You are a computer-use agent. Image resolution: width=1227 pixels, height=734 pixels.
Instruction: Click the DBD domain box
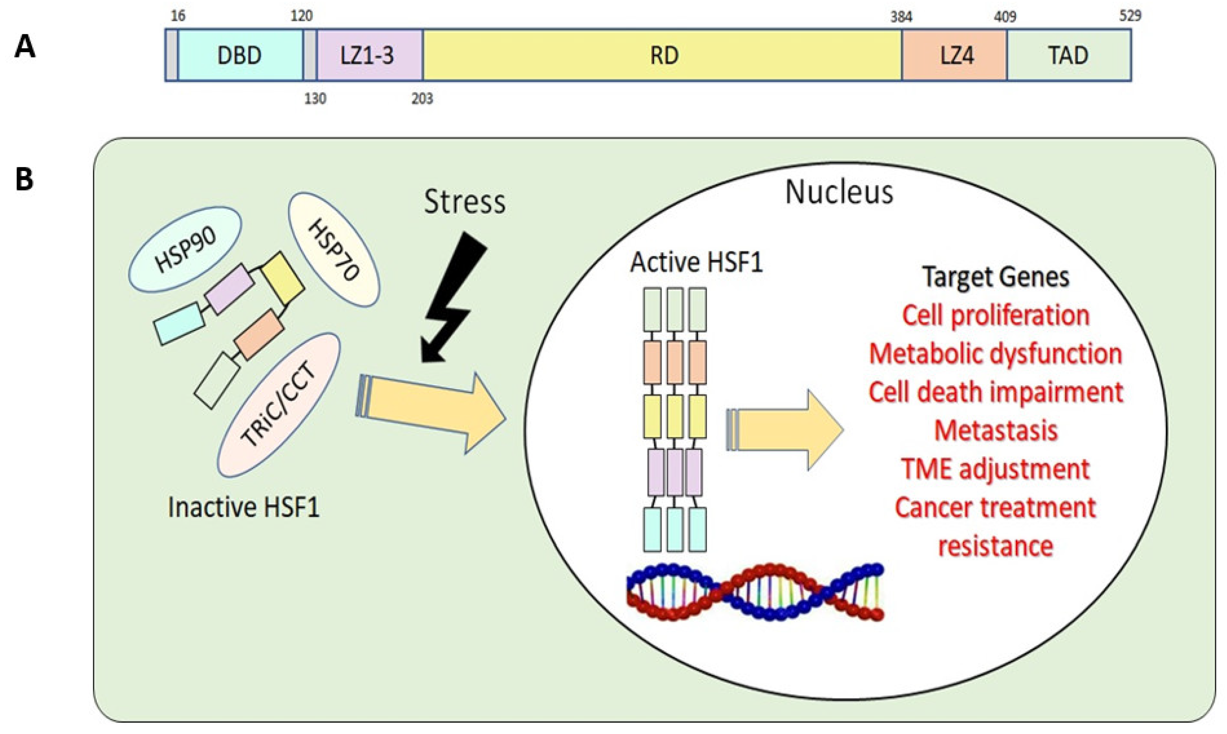point(240,55)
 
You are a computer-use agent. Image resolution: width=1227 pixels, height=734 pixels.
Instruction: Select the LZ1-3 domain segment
point(369,55)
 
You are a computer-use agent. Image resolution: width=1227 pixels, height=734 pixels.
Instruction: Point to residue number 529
point(1130,16)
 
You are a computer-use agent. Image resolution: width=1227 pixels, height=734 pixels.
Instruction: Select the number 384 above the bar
point(901,17)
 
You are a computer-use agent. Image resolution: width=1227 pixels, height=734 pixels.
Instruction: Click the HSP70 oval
point(334,250)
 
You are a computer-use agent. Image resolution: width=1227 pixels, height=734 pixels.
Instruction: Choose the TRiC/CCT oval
point(279,405)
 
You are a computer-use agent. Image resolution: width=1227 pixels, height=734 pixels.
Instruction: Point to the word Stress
point(464,202)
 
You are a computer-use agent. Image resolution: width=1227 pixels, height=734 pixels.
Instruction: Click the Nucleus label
point(839,192)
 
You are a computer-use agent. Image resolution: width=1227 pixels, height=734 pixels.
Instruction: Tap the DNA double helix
point(755,591)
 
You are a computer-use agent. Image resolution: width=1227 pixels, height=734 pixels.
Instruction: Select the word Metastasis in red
point(995,430)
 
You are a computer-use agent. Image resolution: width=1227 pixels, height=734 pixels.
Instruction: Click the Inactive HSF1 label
point(244,507)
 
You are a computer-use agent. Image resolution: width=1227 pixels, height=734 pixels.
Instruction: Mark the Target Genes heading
point(995,277)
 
